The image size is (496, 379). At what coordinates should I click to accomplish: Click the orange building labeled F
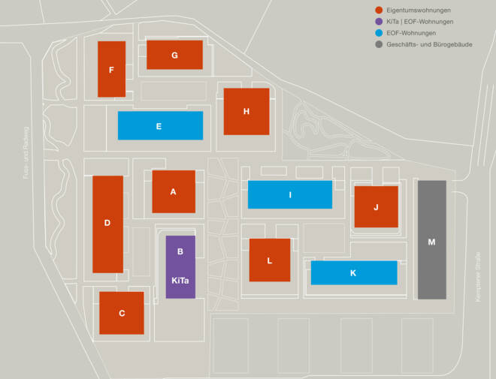(111, 69)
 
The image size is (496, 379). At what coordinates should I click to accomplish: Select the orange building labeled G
(174, 55)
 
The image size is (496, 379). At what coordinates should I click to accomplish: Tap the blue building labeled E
(160, 125)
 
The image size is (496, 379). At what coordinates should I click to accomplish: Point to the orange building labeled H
(246, 111)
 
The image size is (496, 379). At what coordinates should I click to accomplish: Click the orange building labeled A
(174, 191)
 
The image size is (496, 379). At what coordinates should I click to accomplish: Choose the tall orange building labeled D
(107, 224)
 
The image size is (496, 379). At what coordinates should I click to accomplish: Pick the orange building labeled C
(122, 312)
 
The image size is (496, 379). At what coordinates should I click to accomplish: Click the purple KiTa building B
(180, 266)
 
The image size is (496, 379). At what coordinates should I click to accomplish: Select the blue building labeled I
(290, 194)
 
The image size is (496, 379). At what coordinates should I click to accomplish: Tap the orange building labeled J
(376, 206)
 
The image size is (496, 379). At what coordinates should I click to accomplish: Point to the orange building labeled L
(270, 260)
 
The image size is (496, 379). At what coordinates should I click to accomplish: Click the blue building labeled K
(353, 272)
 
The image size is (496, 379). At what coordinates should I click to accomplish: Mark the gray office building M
(431, 240)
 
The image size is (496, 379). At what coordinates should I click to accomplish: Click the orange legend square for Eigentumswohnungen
(380, 10)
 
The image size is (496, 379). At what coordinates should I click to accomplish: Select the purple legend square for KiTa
(380, 21)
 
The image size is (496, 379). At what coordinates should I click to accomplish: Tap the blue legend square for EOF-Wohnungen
(380, 33)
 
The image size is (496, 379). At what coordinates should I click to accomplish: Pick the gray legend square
(380, 44)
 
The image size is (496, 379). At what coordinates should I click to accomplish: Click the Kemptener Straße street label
(478, 277)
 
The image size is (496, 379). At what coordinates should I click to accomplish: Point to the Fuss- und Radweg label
(24, 150)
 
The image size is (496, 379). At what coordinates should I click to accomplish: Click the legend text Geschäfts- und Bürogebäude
(428, 45)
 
